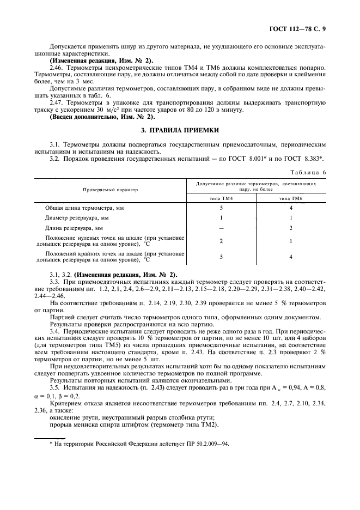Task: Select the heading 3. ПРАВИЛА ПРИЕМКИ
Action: coord(180,130)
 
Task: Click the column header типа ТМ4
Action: coord(221,199)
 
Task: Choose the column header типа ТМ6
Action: coord(291,199)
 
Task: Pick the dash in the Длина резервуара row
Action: coord(221,228)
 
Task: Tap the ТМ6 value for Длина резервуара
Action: coord(291,228)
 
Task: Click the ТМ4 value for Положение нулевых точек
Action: coord(221,241)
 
